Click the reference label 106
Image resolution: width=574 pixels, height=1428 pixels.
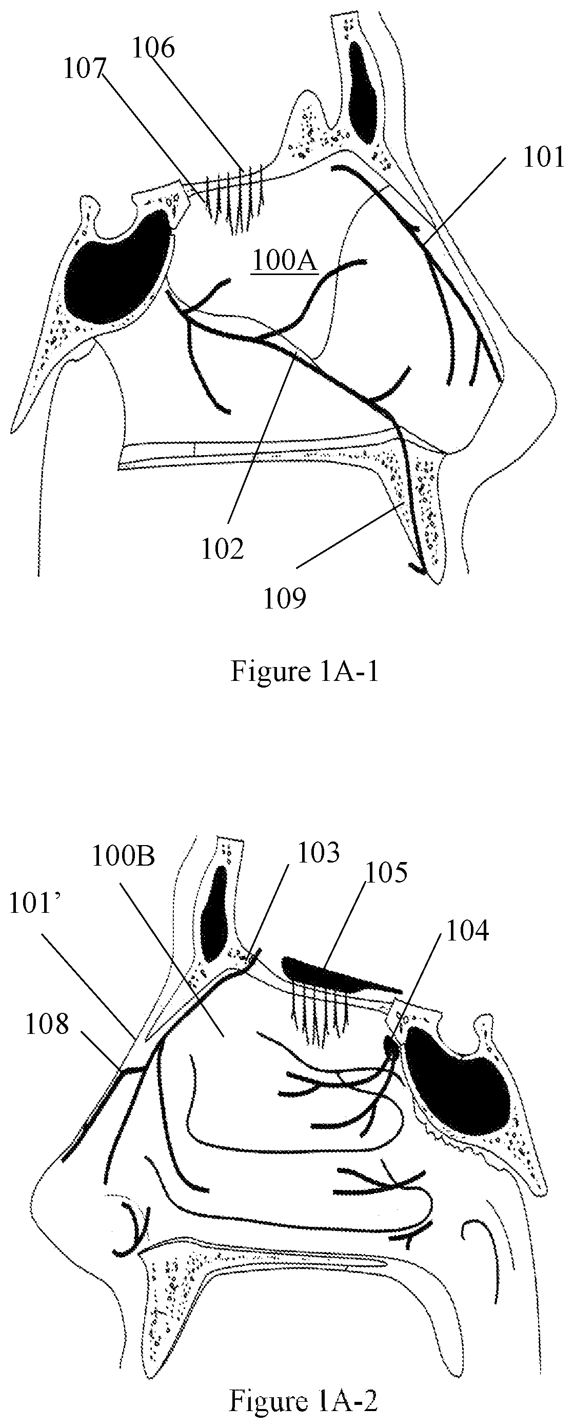(x=153, y=49)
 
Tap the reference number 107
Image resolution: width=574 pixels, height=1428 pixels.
(x=84, y=70)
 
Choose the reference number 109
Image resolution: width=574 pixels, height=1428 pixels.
(x=284, y=599)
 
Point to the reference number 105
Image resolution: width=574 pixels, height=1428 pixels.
(x=386, y=873)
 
